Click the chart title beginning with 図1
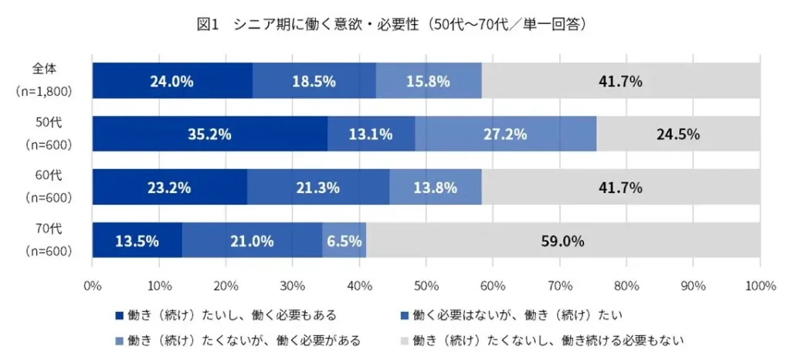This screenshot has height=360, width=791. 395,25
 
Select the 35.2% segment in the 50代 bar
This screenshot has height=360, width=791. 209,134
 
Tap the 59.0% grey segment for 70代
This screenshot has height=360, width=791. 562,241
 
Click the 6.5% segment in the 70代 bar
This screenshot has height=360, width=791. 344,241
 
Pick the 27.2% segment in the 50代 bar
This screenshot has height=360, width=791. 505,134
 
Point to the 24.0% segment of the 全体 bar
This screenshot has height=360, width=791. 171,81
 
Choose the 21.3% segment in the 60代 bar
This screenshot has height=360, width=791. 318,188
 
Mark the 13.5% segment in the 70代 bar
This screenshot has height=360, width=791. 137,241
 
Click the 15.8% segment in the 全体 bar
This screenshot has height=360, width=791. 428,81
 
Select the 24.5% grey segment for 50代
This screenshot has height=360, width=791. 678,134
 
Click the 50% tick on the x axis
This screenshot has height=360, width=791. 426,286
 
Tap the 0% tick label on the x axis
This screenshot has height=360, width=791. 92,286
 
